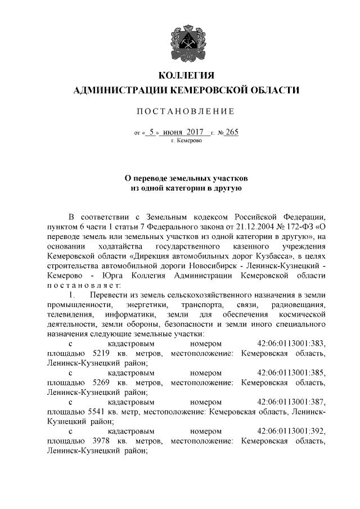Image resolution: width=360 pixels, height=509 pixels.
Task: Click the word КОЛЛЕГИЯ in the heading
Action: click(x=179, y=75)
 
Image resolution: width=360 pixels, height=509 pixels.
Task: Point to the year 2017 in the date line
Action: click(x=194, y=133)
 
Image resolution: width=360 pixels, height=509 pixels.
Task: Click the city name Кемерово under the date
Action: click(x=182, y=141)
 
